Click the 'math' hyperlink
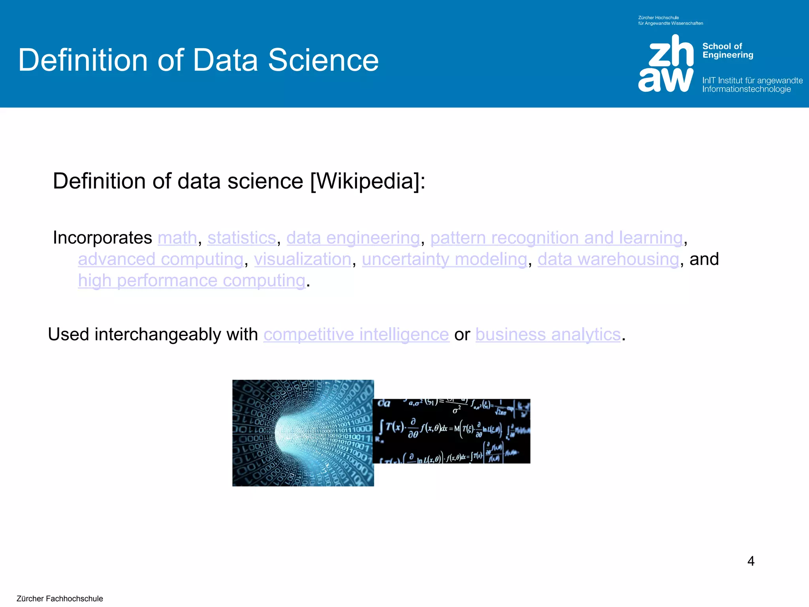tap(177, 238)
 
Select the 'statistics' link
tap(241, 238)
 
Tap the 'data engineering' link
tap(353, 238)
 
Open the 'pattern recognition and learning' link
tap(556, 238)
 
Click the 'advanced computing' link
tap(160, 259)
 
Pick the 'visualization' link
tap(303, 259)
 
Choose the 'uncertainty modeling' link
tap(444, 259)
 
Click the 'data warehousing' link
tap(608, 259)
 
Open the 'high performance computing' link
tap(192, 281)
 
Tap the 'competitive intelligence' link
tap(356, 335)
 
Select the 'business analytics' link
tap(548, 335)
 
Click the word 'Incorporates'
tap(102, 238)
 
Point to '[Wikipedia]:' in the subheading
tap(368, 181)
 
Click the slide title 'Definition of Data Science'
tap(198, 60)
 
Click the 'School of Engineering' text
tap(727, 51)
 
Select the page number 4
tap(751, 561)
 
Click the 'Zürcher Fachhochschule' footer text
tap(60, 598)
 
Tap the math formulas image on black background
tap(452, 431)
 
